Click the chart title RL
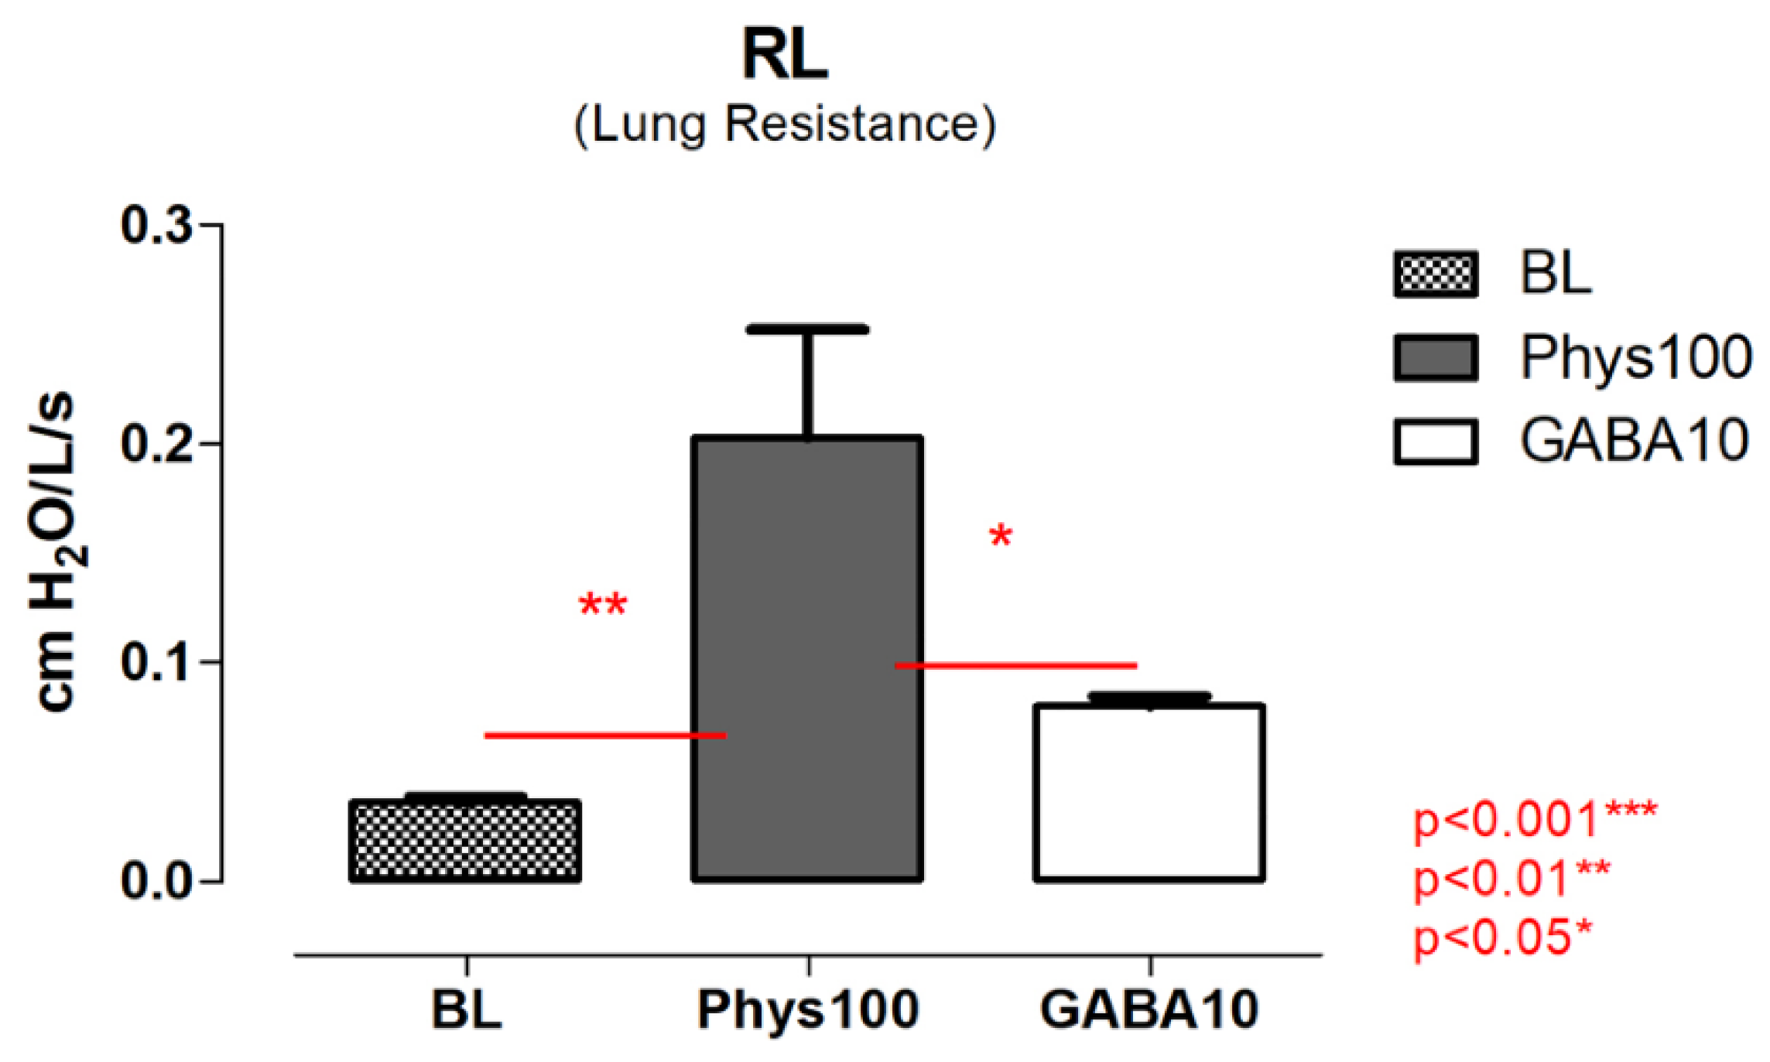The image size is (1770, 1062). coord(785,54)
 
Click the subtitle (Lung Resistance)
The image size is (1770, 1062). coord(785,124)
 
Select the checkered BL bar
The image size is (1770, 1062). coord(465,841)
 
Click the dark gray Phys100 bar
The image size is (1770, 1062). coord(807,657)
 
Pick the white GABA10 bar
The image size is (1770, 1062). coord(1149,793)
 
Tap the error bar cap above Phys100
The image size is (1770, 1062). coord(807,330)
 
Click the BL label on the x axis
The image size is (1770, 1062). coord(467,1009)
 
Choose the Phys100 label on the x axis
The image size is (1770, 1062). coord(808,1009)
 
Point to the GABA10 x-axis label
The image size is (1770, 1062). coord(1149,1009)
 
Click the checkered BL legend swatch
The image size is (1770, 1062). coord(1436,274)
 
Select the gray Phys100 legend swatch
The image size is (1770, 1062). coord(1436,358)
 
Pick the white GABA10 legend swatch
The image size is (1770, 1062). coord(1436,442)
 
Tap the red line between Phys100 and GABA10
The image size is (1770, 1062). coord(1015,665)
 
